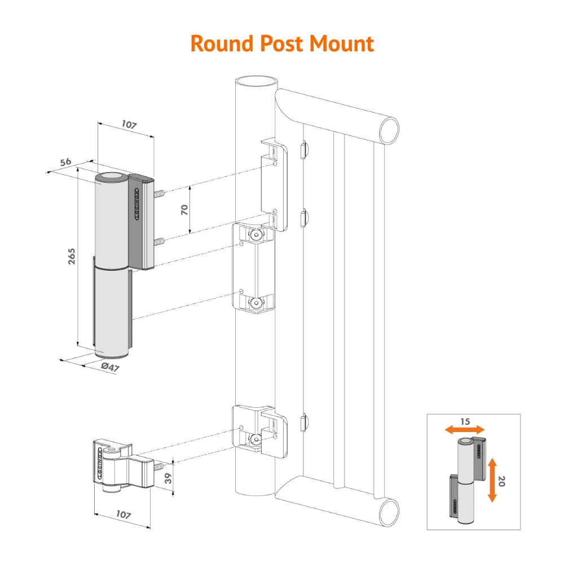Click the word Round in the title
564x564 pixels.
(222, 43)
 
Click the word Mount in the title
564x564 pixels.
(341, 43)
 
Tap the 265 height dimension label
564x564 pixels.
(72, 256)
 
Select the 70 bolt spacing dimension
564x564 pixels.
(184, 209)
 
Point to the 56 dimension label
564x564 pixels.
(65, 162)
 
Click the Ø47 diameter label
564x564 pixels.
(110, 367)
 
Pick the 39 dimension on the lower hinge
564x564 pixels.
(168, 478)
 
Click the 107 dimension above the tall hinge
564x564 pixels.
(129, 125)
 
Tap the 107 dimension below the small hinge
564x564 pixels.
(124, 514)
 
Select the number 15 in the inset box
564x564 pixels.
(465, 421)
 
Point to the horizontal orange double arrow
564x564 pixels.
(465, 429)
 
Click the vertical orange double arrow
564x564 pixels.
(492, 480)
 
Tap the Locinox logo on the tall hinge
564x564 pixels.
(136, 204)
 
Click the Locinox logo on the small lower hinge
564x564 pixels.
(99, 463)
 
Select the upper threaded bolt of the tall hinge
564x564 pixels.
(159, 193)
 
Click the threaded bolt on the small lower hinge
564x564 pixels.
(158, 467)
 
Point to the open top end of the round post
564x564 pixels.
(257, 81)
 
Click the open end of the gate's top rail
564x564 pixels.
(389, 130)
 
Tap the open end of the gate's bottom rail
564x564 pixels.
(389, 512)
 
